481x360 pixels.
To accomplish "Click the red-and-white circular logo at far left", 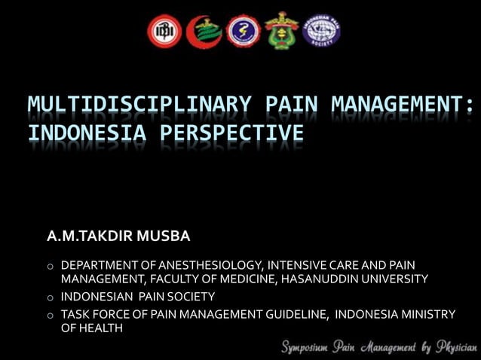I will [165, 32].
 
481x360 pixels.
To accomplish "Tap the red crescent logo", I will [204, 32].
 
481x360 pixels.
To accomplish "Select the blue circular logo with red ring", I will [243, 32].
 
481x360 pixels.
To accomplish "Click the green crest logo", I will [282, 31].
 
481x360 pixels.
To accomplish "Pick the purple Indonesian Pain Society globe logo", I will [321, 32].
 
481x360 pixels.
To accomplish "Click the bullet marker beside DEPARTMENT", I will [50, 266].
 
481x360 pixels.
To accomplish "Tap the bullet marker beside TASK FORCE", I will [50, 315].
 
